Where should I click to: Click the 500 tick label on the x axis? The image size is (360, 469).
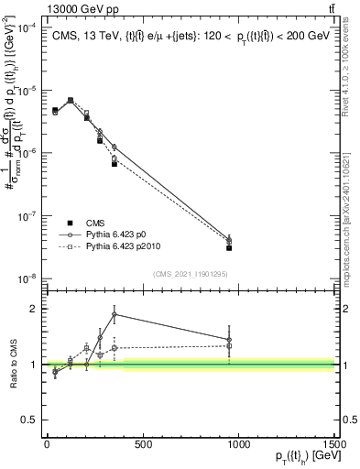(143, 444)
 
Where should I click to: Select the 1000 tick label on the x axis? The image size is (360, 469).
(239, 444)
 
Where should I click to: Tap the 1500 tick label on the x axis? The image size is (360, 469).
(333, 444)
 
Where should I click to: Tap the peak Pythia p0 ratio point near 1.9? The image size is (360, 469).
(114, 314)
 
